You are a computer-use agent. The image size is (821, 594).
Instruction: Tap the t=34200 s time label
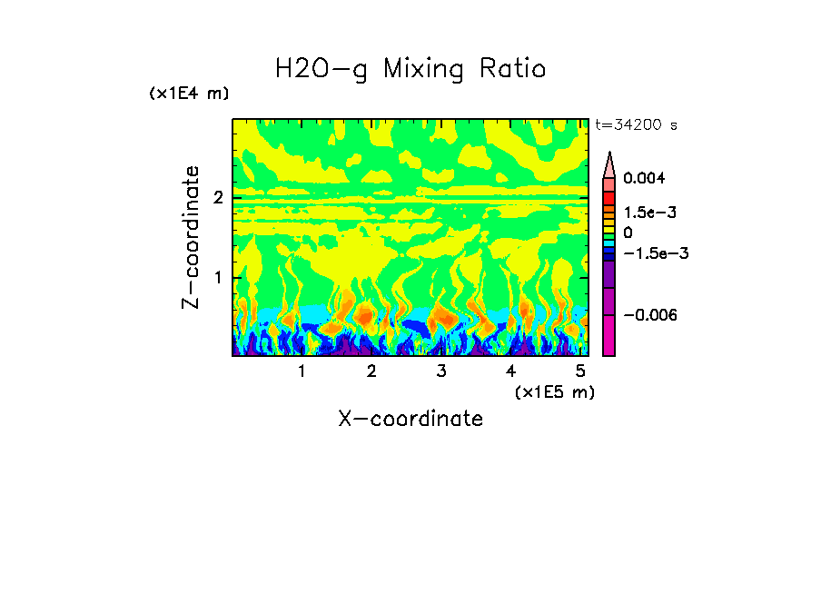point(636,124)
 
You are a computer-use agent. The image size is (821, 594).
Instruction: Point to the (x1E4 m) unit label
point(189,94)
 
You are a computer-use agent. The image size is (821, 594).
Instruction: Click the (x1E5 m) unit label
point(554,391)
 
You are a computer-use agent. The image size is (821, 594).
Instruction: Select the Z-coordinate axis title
point(191,237)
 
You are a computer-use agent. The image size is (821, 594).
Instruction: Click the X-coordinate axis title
point(410,419)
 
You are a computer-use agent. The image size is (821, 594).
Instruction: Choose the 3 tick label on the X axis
point(440,371)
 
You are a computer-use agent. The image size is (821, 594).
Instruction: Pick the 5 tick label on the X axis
point(580,371)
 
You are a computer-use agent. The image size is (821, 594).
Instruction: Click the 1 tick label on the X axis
point(302,371)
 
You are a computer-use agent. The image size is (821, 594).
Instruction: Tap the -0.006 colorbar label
point(650,314)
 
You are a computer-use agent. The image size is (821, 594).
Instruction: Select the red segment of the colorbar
point(609,197)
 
